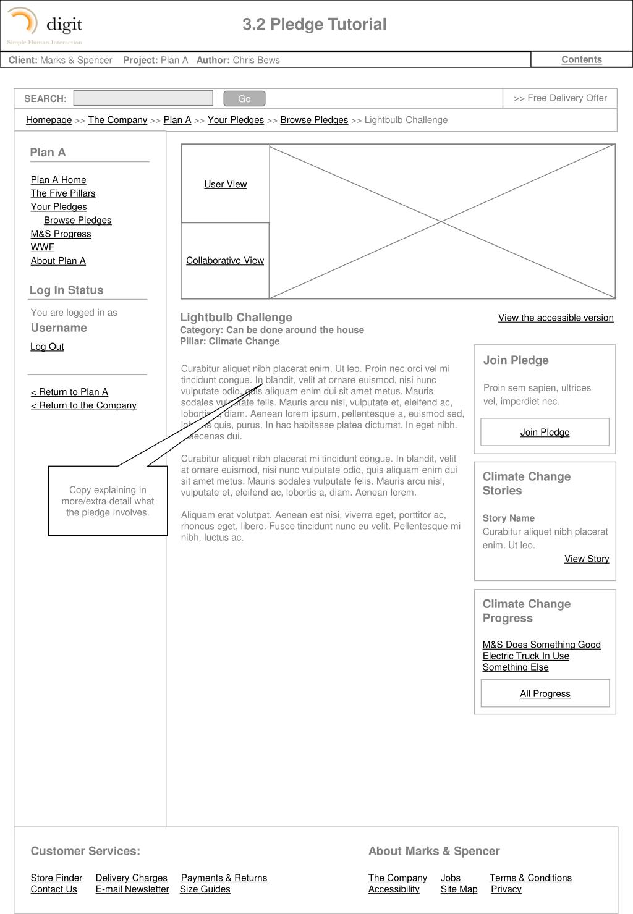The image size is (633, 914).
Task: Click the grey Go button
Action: point(244,99)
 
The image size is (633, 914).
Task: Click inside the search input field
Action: point(143,98)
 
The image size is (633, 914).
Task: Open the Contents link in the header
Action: point(581,60)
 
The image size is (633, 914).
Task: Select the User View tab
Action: point(226,184)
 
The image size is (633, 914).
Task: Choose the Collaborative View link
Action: point(225,261)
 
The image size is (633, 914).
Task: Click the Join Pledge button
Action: point(545,433)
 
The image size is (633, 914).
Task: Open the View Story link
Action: point(587,559)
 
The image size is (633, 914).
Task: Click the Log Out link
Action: point(47,347)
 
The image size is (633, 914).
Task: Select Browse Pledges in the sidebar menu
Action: point(77,221)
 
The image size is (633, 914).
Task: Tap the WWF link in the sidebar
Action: point(43,247)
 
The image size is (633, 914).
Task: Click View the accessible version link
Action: point(556,318)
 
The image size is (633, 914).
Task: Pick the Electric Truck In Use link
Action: point(525,656)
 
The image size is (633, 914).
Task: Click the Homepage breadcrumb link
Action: point(49,120)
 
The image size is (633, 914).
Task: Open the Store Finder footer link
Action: point(56,878)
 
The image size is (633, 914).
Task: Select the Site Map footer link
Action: point(459,889)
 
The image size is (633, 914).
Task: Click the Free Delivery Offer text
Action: point(561,98)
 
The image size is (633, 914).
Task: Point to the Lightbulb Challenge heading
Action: point(236,318)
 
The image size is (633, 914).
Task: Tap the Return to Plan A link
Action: point(69,392)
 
